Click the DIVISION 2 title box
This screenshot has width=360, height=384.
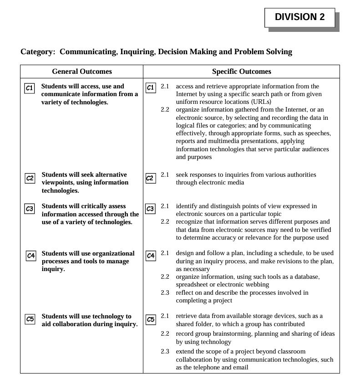click(299, 17)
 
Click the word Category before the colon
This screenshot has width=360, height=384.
click(36, 52)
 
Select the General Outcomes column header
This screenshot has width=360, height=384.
click(82, 72)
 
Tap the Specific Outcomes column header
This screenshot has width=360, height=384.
click(241, 72)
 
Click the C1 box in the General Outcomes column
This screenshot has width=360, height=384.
click(29, 88)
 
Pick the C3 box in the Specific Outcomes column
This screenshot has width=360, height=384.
click(150, 209)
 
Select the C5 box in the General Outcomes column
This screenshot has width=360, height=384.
click(30, 319)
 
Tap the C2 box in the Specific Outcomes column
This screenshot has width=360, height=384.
click(150, 178)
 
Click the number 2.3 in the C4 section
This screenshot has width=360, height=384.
click(165, 292)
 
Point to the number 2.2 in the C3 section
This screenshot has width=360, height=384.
click(165, 222)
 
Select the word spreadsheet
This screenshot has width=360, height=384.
click(193, 285)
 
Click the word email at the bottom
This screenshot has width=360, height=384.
click(240, 368)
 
